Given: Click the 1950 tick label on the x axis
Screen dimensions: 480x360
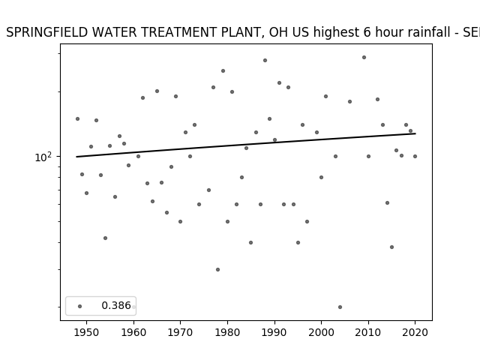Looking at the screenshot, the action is [x=87, y=332].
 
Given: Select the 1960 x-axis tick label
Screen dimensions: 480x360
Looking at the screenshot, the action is [x=133, y=332].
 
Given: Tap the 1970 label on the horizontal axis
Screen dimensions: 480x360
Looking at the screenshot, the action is [x=181, y=332].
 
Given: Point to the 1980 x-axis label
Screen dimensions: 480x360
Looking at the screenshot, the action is [x=227, y=332].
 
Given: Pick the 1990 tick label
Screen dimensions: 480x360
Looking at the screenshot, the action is [x=274, y=332].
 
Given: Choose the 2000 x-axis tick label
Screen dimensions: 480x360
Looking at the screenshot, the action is [x=322, y=332].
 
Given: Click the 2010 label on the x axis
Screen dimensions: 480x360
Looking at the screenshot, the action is [x=368, y=332].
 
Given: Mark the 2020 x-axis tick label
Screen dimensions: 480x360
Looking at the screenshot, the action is [x=415, y=332].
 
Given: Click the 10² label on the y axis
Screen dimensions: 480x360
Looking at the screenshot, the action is [x=42, y=157].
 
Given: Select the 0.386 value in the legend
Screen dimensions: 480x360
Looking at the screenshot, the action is [x=116, y=305].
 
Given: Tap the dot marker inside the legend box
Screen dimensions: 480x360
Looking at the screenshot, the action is [x=80, y=306].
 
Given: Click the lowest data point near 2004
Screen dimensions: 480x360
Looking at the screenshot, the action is [x=340, y=307].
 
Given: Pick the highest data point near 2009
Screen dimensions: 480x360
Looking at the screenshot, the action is [x=364, y=57].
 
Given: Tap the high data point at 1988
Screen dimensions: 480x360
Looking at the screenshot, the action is [x=265, y=60].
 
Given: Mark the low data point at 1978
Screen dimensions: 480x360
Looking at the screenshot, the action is [x=217, y=270].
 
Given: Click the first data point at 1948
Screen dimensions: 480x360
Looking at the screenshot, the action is [x=77, y=118].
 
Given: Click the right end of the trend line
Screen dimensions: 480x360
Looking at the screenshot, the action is [x=415, y=133].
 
